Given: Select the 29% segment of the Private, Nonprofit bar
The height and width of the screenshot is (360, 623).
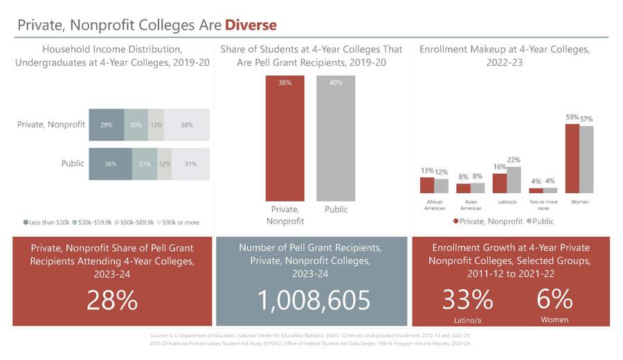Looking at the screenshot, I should (x=107, y=125).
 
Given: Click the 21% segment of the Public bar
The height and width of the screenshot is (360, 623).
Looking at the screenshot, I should (x=145, y=164).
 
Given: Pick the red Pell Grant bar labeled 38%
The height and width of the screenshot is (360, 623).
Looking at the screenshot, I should (x=285, y=138).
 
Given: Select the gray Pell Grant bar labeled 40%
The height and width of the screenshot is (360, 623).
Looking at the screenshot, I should (x=335, y=138).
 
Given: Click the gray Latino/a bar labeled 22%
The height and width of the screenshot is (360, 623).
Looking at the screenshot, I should (x=514, y=179).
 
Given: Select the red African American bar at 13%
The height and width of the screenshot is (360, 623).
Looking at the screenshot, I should (x=427, y=185).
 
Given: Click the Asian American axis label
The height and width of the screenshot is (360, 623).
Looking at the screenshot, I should (x=471, y=205).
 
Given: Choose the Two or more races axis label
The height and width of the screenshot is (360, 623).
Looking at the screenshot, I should (x=543, y=205).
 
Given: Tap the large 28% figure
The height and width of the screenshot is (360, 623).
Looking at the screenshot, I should (x=112, y=300).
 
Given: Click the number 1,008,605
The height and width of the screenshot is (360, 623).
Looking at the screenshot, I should (x=315, y=300).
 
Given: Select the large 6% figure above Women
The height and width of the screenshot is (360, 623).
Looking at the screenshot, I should (x=554, y=298).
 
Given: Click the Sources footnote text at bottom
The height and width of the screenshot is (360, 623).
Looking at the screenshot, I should (x=311, y=339).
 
